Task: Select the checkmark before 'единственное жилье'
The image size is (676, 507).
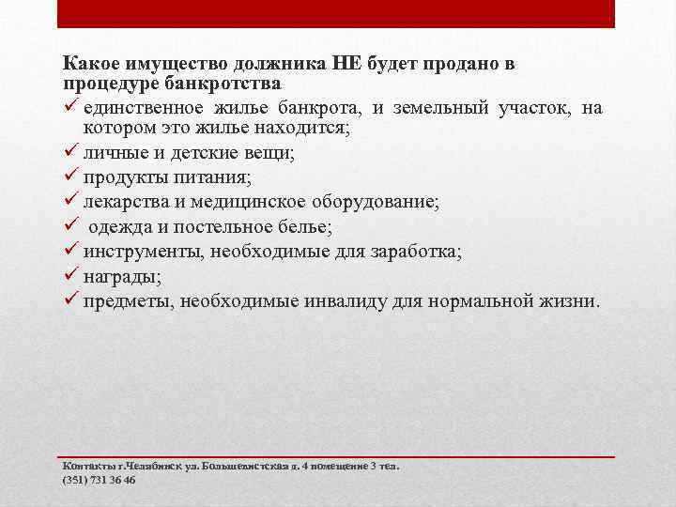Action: click(x=70, y=108)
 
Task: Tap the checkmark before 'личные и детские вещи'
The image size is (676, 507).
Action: click(x=70, y=153)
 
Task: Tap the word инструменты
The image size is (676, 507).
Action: click(x=141, y=252)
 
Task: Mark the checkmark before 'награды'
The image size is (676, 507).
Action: click(x=70, y=276)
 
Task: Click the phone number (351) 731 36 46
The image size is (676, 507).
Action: click(x=99, y=480)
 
